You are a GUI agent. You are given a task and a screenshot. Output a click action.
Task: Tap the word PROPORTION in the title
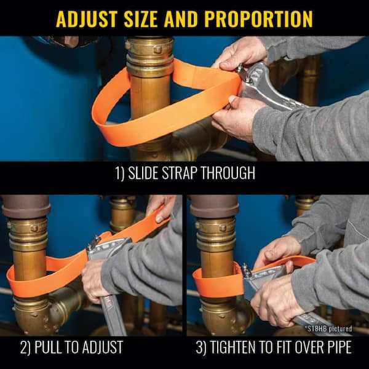click(x=252, y=18)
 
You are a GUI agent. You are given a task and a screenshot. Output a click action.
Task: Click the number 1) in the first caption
click(x=121, y=173)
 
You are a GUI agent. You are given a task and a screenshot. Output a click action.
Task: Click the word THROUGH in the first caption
click(x=229, y=173)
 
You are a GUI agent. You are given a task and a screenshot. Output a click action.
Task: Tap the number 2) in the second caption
click(x=26, y=348)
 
